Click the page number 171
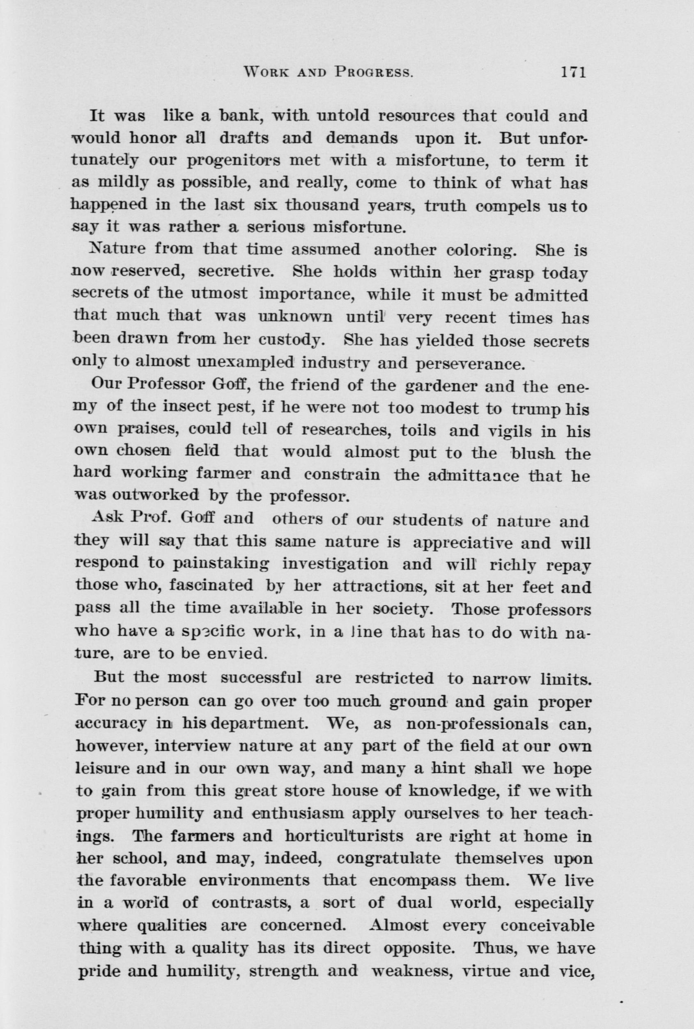click(x=573, y=72)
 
